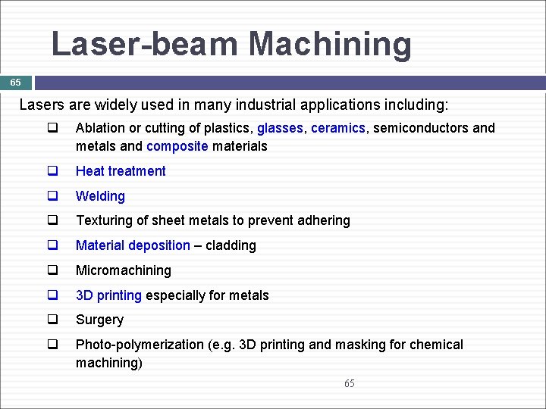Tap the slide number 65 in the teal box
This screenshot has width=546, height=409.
coord(16,82)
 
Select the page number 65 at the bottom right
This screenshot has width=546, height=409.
coord(349,383)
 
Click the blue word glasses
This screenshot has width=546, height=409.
coord(280,128)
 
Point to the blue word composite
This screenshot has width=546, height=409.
coord(177,146)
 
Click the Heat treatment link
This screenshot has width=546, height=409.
coord(121,171)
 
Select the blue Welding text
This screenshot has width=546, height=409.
coord(100,196)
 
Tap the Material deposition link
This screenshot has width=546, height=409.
coord(133,245)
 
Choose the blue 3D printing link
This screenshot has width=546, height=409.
coord(108,295)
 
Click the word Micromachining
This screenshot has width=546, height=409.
coord(124,270)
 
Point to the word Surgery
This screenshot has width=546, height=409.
coord(99,320)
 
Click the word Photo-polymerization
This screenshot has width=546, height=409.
coord(140,345)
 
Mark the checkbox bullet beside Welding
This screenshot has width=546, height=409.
coord(53,195)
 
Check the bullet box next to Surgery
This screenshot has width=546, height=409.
coord(53,320)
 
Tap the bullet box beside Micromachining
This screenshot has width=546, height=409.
coord(53,270)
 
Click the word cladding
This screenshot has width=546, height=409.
coord(232,245)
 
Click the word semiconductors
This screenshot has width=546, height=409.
coord(419,128)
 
